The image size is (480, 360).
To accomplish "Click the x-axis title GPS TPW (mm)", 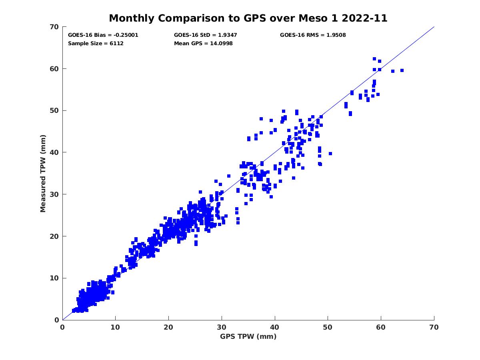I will click(x=248, y=336).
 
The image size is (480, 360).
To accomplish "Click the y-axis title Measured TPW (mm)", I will click(x=43, y=173).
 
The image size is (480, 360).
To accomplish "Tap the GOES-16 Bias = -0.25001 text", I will click(x=103, y=35).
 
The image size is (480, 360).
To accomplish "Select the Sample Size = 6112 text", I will click(x=96, y=44).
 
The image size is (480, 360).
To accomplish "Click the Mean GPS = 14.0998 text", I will click(x=203, y=44).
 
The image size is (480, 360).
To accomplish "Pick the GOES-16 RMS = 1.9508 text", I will click(x=313, y=35).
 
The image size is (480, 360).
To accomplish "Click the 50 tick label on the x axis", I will click(x=328, y=327).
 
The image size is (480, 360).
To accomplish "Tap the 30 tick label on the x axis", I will click(x=222, y=327).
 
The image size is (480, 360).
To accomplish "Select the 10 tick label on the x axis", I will click(x=116, y=327).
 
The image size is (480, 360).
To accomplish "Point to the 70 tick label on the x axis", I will click(x=434, y=327).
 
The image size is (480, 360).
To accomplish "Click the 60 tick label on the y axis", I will click(x=54, y=69).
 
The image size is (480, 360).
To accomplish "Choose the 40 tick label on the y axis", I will click(x=54, y=152).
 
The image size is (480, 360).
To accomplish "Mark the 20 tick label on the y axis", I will click(x=54, y=236).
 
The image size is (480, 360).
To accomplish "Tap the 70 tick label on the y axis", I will click(x=54, y=27).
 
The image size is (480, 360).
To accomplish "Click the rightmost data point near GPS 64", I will click(x=402, y=70).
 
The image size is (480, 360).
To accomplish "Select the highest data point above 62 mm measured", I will click(x=374, y=59).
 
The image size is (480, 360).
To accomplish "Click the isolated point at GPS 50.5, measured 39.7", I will click(x=330, y=154).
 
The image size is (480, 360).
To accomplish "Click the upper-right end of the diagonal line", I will click(x=434, y=27).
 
